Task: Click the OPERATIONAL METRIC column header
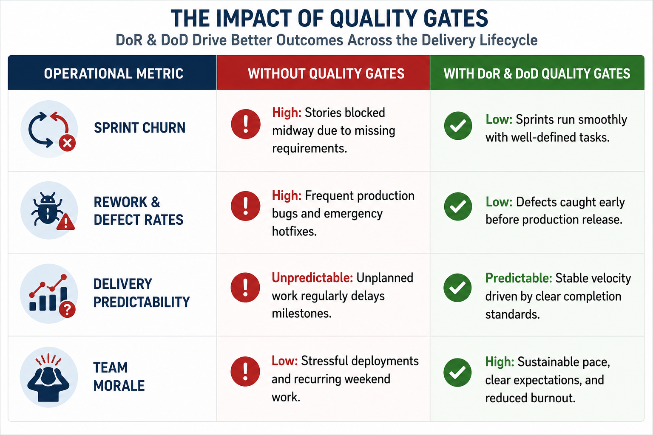pyautogui.click(x=114, y=73)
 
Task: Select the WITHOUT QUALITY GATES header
pyautogui.click(x=326, y=73)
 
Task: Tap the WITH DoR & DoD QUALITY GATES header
pyautogui.click(x=537, y=73)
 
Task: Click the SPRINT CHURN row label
pyautogui.click(x=139, y=128)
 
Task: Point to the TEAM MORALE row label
pyautogui.click(x=119, y=376)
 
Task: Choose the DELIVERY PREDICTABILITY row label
pyautogui.click(x=142, y=293)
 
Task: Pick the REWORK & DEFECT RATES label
pyautogui.click(x=139, y=211)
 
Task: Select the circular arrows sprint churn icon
pyautogui.click(x=49, y=129)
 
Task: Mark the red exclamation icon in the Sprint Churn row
pyautogui.click(x=245, y=124)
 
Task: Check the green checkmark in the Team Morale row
pyautogui.click(x=457, y=373)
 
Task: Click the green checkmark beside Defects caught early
pyautogui.click(x=458, y=206)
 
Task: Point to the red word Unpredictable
pyautogui.click(x=312, y=278)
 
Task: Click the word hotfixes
pyautogui.click(x=295, y=232)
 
